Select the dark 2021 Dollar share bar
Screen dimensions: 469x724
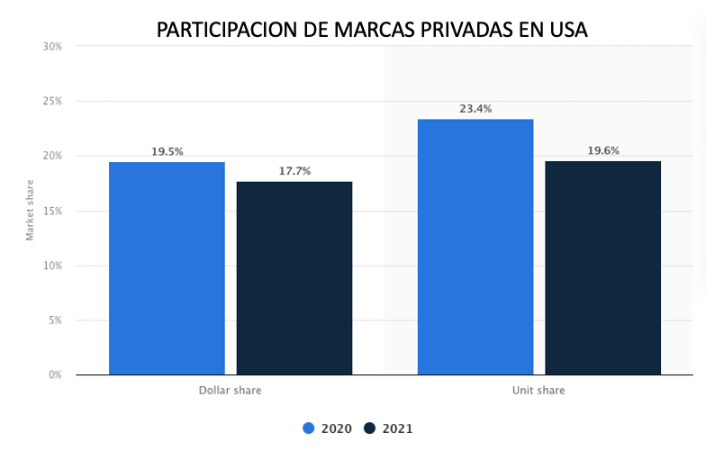coord(294,278)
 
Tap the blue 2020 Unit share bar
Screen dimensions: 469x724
coord(475,247)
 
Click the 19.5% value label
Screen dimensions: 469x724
coord(167,152)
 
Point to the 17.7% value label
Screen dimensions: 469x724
coord(294,171)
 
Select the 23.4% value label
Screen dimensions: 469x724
coord(475,109)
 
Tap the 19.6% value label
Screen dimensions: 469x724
coord(603,151)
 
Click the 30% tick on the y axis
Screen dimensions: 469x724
coord(52,46)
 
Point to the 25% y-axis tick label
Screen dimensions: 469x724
coord(52,101)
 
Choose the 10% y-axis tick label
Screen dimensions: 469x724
coord(52,266)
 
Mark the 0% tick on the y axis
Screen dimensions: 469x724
coord(55,374)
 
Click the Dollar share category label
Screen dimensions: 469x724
coord(231,391)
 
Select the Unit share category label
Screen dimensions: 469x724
coord(539,391)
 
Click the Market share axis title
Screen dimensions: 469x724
coord(30,211)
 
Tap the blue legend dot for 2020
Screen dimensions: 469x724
coord(309,428)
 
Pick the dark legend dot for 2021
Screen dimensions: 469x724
coord(370,428)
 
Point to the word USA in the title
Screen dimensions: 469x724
coord(566,30)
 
